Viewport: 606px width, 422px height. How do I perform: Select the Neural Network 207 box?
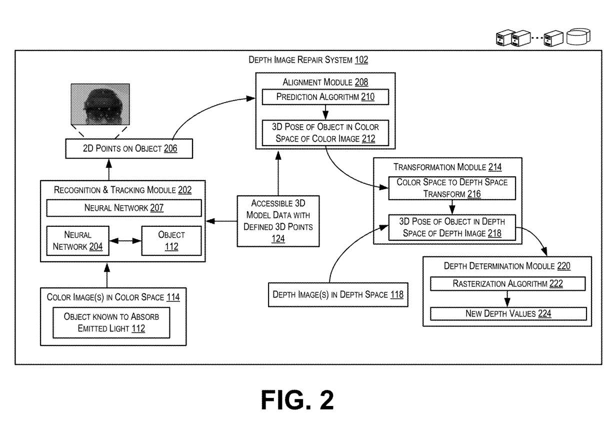point(123,208)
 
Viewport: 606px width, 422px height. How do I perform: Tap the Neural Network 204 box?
point(75,240)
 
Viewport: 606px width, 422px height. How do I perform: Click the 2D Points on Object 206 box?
point(129,148)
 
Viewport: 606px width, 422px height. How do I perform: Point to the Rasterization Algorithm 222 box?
point(507,284)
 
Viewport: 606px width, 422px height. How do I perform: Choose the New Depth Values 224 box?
point(507,313)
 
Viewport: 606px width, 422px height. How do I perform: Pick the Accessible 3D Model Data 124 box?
point(278,221)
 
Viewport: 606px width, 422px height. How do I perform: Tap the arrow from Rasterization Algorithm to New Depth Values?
point(507,299)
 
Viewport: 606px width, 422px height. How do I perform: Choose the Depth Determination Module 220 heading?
point(507,266)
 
